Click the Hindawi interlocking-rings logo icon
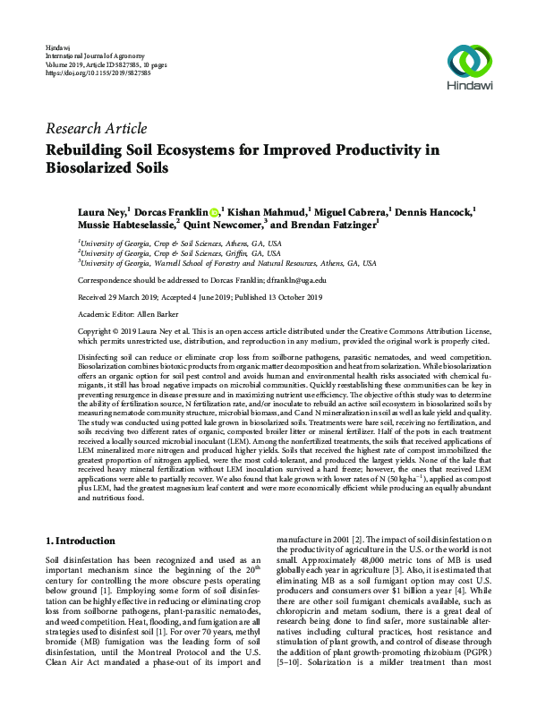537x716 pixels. [471, 61]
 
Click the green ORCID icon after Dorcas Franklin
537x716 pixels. [214, 212]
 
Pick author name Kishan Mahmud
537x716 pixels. [263, 212]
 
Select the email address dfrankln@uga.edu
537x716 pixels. [296, 279]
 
